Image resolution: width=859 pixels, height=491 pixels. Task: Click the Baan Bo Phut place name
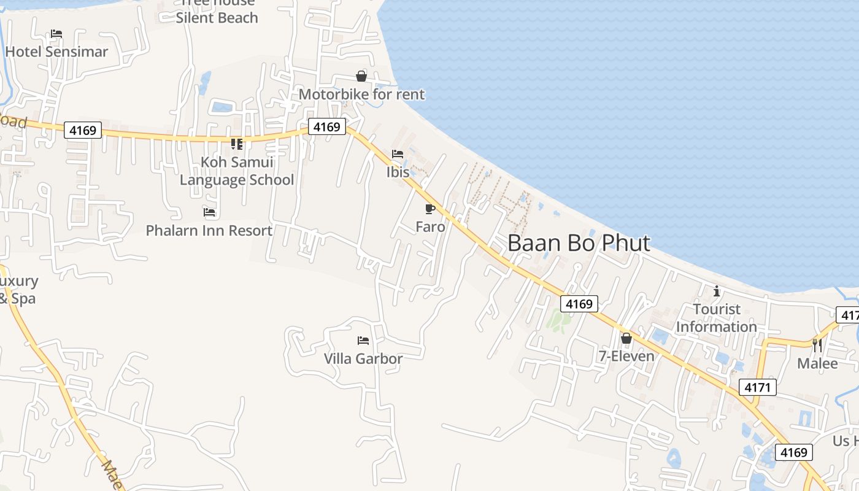click(x=578, y=243)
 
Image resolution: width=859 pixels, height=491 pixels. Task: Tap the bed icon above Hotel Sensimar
click(x=56, y=34)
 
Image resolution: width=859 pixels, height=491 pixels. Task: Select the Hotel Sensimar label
click(x=56, y=52)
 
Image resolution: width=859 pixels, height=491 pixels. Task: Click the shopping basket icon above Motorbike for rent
click(x=361, y=76)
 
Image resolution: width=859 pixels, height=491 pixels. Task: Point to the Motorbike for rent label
click(x=361, y=95)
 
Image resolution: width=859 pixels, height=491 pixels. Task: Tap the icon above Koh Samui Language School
click(x=237, y=144)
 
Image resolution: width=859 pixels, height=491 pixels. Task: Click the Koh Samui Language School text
click(x=237, y=171)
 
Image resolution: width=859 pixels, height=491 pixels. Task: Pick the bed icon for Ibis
click(x=398, y=154)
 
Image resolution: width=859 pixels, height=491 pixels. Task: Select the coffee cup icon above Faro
click(x=430, y=209)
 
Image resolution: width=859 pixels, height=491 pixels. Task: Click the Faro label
click(x=430, y=226)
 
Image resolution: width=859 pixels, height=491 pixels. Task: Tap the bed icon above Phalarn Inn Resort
click(x=209, y=212)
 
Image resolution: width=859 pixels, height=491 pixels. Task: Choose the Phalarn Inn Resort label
click(x=209, y=231)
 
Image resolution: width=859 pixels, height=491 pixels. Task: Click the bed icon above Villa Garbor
click(x=363, y=340)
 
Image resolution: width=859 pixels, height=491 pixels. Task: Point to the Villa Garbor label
click(x=363, y=358)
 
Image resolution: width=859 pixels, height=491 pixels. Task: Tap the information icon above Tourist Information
click(x=716, y=291)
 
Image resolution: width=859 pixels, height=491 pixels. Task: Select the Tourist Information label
click(x=716, y=318)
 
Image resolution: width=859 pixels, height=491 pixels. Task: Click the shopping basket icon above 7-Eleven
click(x=626, y=338)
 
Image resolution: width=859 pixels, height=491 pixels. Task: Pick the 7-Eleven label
click(x=626, y=356)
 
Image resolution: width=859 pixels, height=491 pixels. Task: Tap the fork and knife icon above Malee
click(x=817, y=345)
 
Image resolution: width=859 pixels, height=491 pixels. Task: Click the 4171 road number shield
click(x=758, y=387)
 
